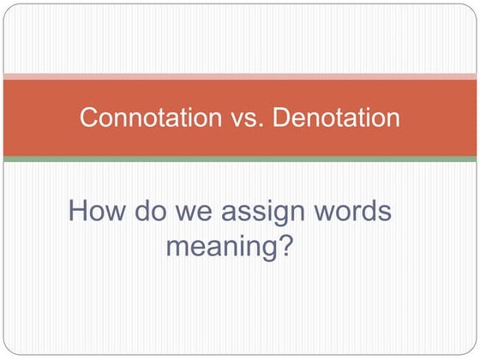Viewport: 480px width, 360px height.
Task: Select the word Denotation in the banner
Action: (336, 117)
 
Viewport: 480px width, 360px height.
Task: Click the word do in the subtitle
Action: (146, 211)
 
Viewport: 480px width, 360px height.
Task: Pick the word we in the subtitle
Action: (190, 211)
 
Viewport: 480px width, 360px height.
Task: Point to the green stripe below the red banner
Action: (240, 159)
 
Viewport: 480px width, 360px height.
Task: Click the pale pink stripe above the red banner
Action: (240, 77)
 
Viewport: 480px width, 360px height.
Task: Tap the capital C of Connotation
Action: (87, 117)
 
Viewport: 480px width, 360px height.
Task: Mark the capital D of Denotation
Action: (280, 117)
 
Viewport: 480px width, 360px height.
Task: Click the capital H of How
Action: (78, 211)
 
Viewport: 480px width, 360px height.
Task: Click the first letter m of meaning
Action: (177, 248)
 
